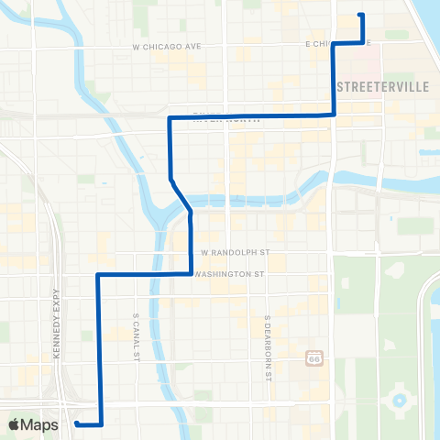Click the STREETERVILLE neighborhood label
click(x=379, y=85)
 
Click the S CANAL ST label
click(x=136, y=319)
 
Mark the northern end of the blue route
click(x=361, y=16)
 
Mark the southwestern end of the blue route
click(x=77, y=423)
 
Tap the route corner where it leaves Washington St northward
click(x=190, y=273)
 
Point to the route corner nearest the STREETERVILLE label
click(x=334, y=114)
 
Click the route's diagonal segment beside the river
click(x=181, y=194)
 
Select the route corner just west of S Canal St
click(x=98, y=274)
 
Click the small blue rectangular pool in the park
click(x=400, y=223)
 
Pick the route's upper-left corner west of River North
click(x=170, y=118)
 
